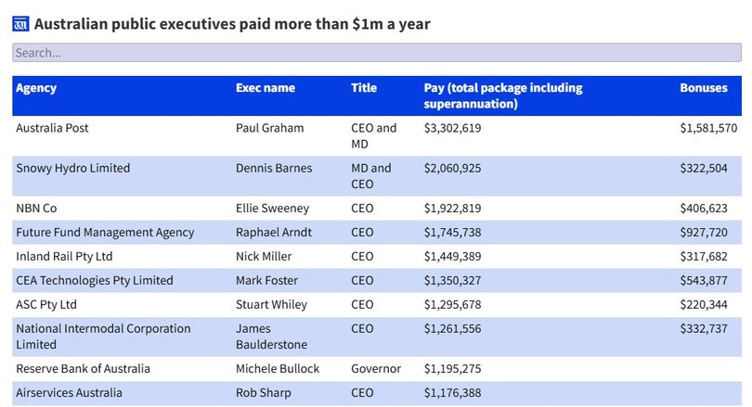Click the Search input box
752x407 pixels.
pyautogui.click(x=376, y=54)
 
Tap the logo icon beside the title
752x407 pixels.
pyautogui.click(x=20, y=24)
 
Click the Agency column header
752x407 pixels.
pyautogui.click(x=36, y=88)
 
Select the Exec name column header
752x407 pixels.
pyautogui.click(x=265, y=88)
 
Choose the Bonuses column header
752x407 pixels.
pyautogui.click(x=704, y=88)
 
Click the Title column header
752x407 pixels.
pyautogui.click(x=364, y=88)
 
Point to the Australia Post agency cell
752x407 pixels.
pyautogui.click(x=52, y=128)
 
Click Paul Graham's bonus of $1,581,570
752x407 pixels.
pyautogui.click(x=708, y=128)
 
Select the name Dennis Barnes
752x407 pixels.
pyautogui.click(x=274, y=169)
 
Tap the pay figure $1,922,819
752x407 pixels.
pyautogui.click(x=452, y=209)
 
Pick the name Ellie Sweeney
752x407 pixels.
pyautogui.click(x=272, y=209)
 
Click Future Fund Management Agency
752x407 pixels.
pyautogui.click(x=105, y=233)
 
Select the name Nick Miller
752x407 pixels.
pyautogui.click(x=264, y=257)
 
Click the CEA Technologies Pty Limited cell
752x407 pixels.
pyautogui.click(x=95, y=281)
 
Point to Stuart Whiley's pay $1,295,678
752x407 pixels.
pyautogui.click(x=452, y=305)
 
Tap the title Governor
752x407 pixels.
pyautogui.click(x=376, y=369)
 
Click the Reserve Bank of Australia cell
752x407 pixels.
pyautogui.click(x=83, y=369)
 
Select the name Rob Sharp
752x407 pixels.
pyautogui.click(x=263, y=393)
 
